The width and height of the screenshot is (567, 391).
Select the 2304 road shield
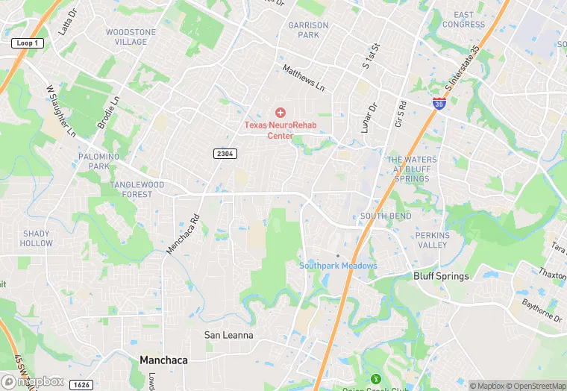[225, 154]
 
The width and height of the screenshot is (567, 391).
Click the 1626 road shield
[82, 384]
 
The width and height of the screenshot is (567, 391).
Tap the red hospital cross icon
[280, 112]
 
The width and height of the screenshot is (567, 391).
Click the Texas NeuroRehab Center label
[281, 130]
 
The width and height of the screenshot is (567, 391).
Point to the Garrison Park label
[308, 30]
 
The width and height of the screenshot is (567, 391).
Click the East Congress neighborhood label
[463, 19]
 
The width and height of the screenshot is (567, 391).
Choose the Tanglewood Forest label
[137, 190]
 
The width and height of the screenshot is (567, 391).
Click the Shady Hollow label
[37, 238]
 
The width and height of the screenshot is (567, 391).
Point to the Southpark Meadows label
[338, 266]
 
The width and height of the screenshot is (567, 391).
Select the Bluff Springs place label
[441, 276]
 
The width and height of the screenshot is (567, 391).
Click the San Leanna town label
[229, 335]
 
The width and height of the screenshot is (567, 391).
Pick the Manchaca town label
[163, 360]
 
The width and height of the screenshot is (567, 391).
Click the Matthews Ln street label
[304, 78]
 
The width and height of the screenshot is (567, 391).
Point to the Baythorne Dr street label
[541, 305]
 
